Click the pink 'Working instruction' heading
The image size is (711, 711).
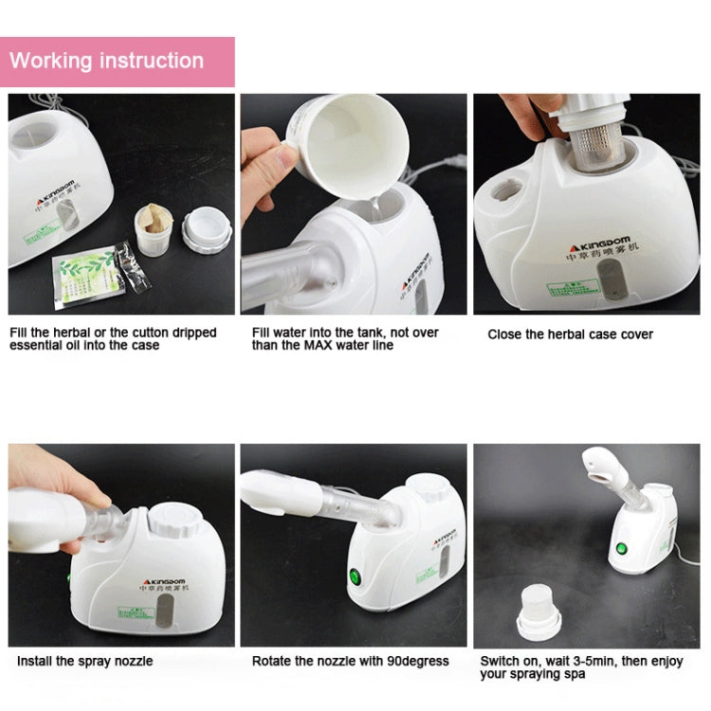[106, 61]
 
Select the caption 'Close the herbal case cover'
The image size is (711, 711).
[570, 334]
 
